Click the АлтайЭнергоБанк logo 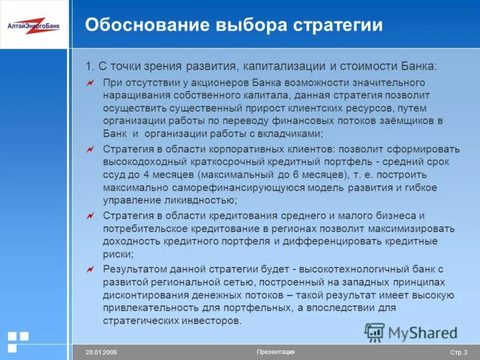(34, 25)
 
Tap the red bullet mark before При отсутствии (90, 82)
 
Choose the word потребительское (142, 229)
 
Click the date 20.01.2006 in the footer (101, 352)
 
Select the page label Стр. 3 (458, 352)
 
